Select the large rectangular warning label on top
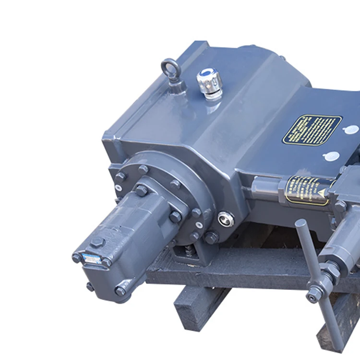pos(312,129)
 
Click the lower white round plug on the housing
pos(331,156)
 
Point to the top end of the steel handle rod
pos(301,224)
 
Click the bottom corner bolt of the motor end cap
pos(120,290)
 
